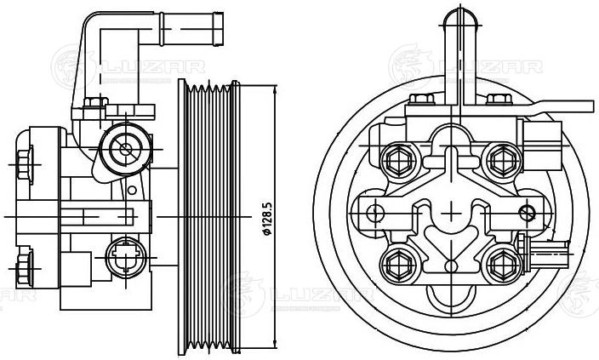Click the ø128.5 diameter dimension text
pyautogui.click(x=267, y=220)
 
